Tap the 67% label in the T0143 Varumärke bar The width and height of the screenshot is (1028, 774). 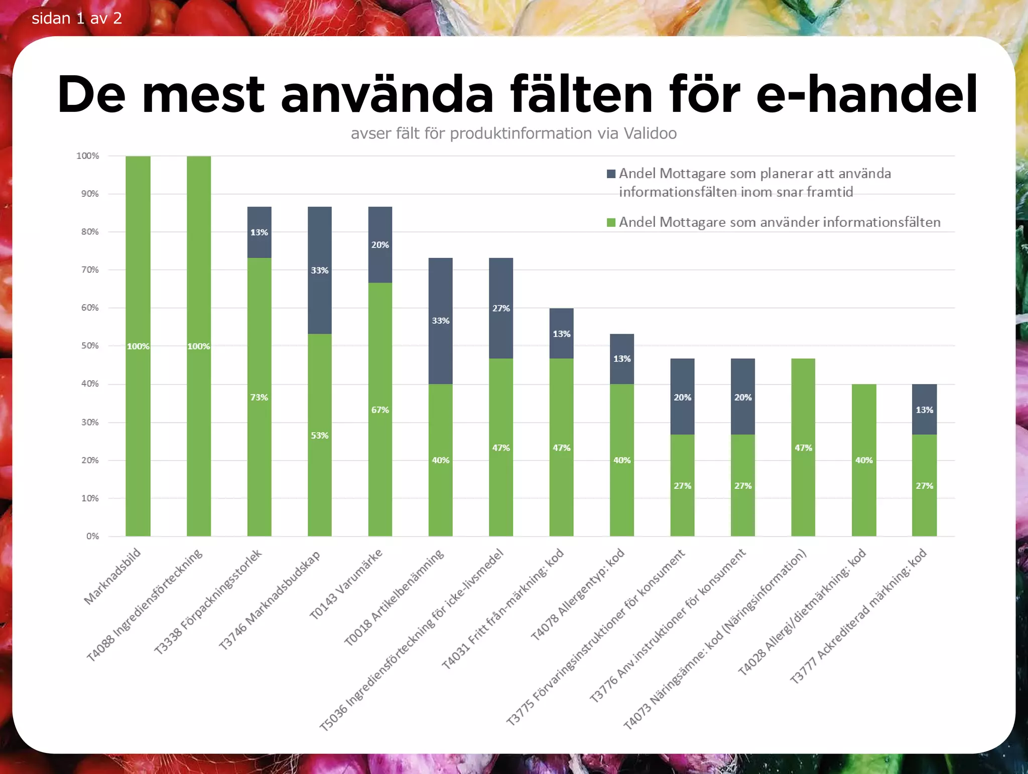pos(380,410)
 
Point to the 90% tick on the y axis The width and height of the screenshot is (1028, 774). pos(90,194)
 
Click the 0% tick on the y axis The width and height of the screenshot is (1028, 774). pos(92,536)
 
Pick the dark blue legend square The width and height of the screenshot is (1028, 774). pos(611,174)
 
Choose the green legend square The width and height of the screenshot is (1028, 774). pos(611,222)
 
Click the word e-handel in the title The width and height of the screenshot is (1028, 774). pos(867,94)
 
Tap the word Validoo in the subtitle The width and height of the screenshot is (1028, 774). pos(650,134)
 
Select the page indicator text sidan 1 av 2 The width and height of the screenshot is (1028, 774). pos(77,19)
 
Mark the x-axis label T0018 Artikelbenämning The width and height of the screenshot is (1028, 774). pos(395,597)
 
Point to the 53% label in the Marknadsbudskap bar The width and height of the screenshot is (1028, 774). pos(320,436)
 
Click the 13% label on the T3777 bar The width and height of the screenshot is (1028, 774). pos(924,410)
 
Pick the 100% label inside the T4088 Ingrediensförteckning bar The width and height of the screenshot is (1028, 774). pos(199,346)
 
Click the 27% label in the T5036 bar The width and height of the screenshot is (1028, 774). pos(501,308)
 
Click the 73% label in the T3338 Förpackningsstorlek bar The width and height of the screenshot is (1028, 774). pos(259,398)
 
